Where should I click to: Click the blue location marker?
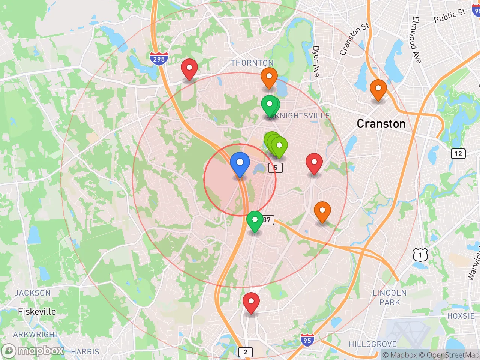[x=240, y=164]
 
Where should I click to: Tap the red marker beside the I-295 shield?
[x=189, y=69]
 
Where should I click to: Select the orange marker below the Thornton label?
[x=269, y=78]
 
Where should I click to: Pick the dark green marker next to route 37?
[x=255, y=220]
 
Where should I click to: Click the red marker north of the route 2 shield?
[x=251, y=302]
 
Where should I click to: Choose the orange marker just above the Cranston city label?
[x=378, y=90]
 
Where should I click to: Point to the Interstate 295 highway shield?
[x=159, y=58]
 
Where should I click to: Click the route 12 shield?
[x=458, y=154]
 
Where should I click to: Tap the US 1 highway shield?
[x=420, y=255]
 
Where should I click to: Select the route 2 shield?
[x=246, y=352]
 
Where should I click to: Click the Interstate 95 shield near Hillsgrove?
[x=307, y=340]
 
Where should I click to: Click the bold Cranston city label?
[x=381, y=124]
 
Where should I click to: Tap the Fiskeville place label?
[x=37, y=311]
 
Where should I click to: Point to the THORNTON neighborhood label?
[x=252, y=63]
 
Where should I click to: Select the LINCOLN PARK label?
[x=390, y=297]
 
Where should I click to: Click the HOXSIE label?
[x=460, y=316]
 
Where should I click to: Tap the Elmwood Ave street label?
[x=416, y=40]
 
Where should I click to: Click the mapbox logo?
[x=33, y=351]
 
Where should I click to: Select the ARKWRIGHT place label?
[x=36, y=334]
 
